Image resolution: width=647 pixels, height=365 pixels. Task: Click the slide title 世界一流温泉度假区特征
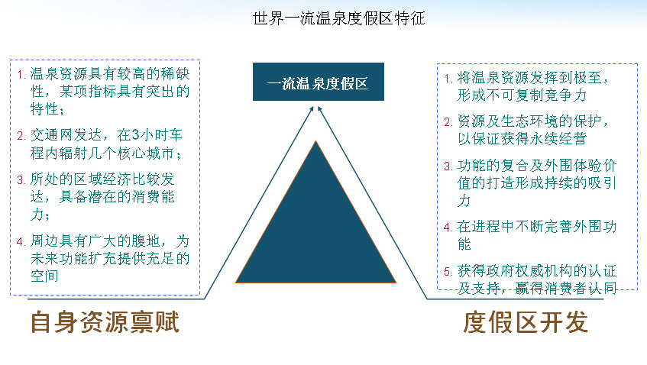(x=338, y=18)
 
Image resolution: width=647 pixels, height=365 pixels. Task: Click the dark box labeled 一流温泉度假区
(x=319, y=82)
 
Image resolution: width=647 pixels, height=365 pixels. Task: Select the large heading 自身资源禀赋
(x=105, y=321)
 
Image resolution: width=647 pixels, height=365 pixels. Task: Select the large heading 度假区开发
(x=526, y=321)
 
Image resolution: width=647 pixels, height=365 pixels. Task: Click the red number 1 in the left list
(x=21, y=75)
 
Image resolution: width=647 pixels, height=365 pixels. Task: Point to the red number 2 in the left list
(x=21, y=136)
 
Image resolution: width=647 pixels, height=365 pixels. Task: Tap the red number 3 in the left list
(x=21, y=179)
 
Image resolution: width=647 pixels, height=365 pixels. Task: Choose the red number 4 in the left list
(x=21, y=241)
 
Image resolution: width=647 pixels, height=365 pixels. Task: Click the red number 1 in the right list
(x=448, y=78)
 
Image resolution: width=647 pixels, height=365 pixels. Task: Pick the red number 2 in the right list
(x=448, y=121)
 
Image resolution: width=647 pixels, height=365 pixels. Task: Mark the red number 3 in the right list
(x=448, y=166)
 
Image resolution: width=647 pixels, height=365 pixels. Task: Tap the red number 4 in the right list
(x=448, y=228)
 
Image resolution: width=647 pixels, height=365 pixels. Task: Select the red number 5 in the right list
(x=448, y=271)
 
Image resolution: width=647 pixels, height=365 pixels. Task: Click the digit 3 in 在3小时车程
(x=136, y=135)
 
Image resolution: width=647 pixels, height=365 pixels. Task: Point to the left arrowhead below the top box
(x=312, y=109)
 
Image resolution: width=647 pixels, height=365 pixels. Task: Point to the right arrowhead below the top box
(x=320, y=109)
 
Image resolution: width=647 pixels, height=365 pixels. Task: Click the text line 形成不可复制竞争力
(x=522, y=95)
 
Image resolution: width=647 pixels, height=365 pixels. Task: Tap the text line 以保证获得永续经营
(x=522, y=138)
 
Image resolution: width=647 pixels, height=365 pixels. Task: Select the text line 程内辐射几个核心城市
(x=106, y=153)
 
